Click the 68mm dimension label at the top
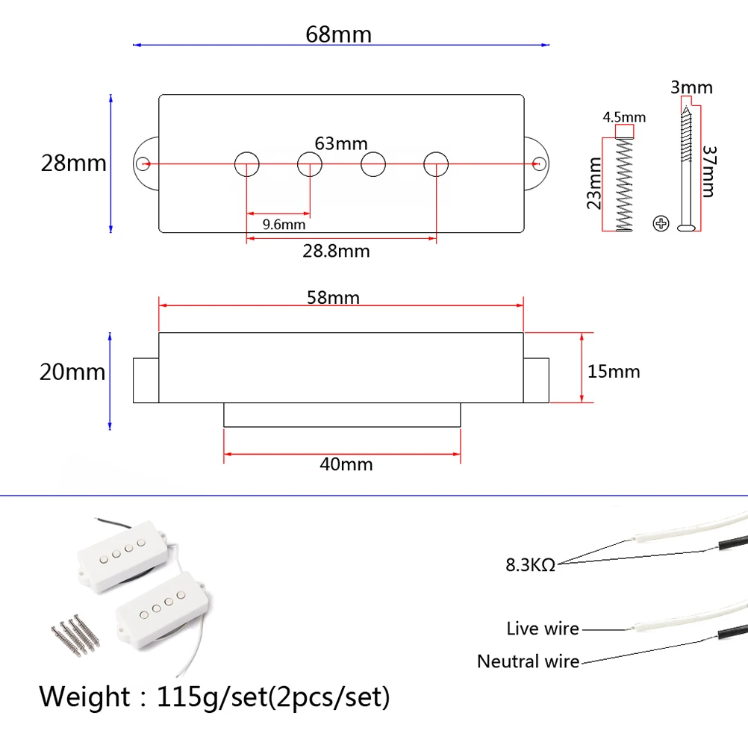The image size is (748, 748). click(x=338, y=34)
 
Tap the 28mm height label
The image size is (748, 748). click(x=73, y=163)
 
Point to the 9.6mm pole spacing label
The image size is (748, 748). click(x=284, y=224)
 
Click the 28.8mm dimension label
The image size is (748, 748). click(x=336, y=251)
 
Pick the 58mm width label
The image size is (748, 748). click(x=333, y=298)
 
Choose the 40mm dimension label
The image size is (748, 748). click(x=346, y=464)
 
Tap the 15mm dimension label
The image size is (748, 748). click(x=614, y=371)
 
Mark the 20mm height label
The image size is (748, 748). click(x=72, y=372)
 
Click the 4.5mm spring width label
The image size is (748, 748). click(x=624, y=117)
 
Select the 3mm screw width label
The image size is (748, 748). click(x=691, y=87)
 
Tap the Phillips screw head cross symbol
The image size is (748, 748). click(x=660, y=222)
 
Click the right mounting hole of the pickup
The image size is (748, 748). click(x=538, y=163)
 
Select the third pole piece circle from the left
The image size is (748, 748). click(x=373, y=163)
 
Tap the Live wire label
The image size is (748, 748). click(x=542, y=629)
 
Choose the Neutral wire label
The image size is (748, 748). click(x=528, y=661)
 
